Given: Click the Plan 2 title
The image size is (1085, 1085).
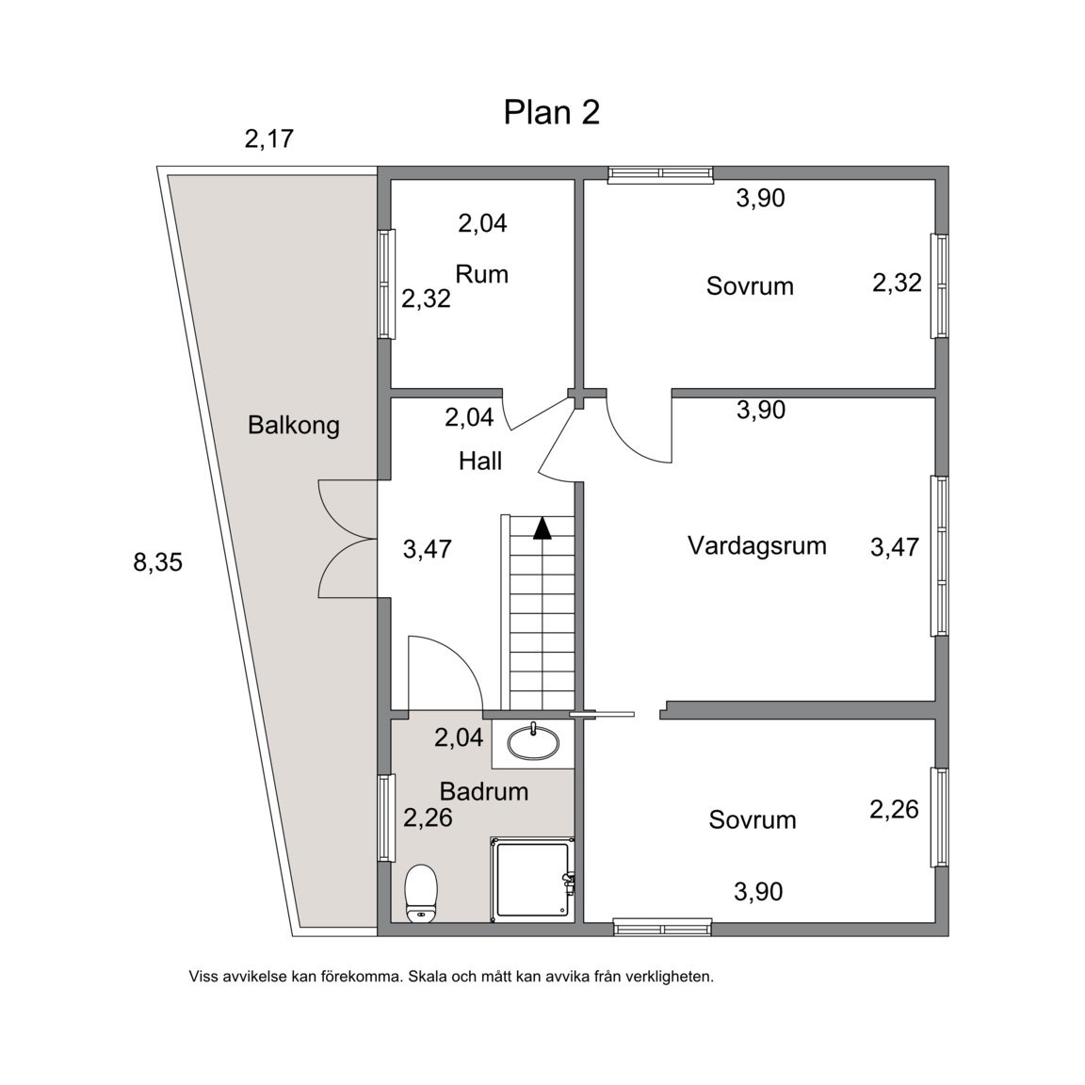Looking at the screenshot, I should (x=551, y=112).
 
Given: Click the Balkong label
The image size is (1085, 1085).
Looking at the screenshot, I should (x=293, y=425).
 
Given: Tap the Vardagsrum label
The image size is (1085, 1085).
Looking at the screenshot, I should (x=756, y=545).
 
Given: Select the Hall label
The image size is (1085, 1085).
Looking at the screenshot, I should (x=480, y=461).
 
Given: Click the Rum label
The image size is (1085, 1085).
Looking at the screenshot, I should (x=481, y=274).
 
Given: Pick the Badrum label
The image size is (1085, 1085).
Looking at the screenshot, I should (x=484, y=791).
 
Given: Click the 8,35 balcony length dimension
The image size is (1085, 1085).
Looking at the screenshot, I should (x=157, y=563).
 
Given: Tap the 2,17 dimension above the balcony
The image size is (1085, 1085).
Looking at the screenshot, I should (x=269, y=139).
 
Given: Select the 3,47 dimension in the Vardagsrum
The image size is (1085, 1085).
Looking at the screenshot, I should (x=894, y=546).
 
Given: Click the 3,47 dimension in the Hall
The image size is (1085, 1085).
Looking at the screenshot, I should (x=427, y=549).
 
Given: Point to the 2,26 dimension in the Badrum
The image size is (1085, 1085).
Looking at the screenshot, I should (x=428, y=818).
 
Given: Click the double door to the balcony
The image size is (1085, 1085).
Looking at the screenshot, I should (x=348, y=539).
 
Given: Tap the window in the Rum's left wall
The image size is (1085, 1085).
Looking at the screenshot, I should (x=384, y=283).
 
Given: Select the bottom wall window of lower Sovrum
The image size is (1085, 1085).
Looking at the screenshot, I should (x=662, y=928).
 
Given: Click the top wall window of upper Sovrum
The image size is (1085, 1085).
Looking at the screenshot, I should (x=659, y=173).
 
